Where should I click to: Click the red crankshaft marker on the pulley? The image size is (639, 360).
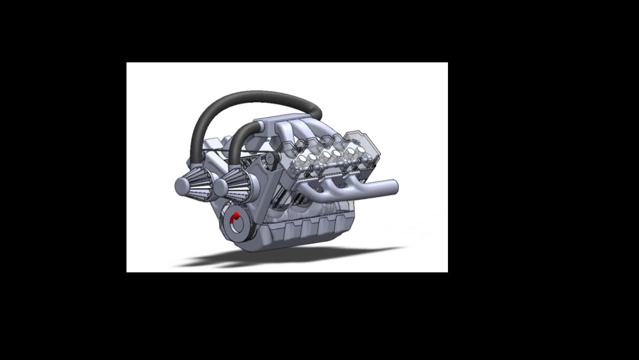[236, 217]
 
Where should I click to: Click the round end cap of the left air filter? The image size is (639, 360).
[180, 186]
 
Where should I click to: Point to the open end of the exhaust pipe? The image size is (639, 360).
[396, 186]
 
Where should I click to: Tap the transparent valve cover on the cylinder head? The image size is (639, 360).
[332, 153]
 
